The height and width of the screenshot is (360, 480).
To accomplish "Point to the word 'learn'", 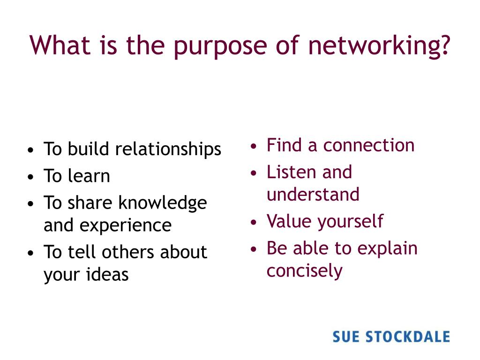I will coord(89,176).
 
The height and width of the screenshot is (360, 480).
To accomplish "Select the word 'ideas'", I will coord(107,275).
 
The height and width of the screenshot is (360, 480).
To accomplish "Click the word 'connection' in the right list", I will coord(369,145).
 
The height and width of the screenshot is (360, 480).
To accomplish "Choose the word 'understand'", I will coord(313,194).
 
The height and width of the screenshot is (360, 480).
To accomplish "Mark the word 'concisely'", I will coord(304,271).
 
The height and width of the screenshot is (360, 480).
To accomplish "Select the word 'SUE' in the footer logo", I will coord(346,337).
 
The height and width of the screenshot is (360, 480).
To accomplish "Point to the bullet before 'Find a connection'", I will coord(254,146).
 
